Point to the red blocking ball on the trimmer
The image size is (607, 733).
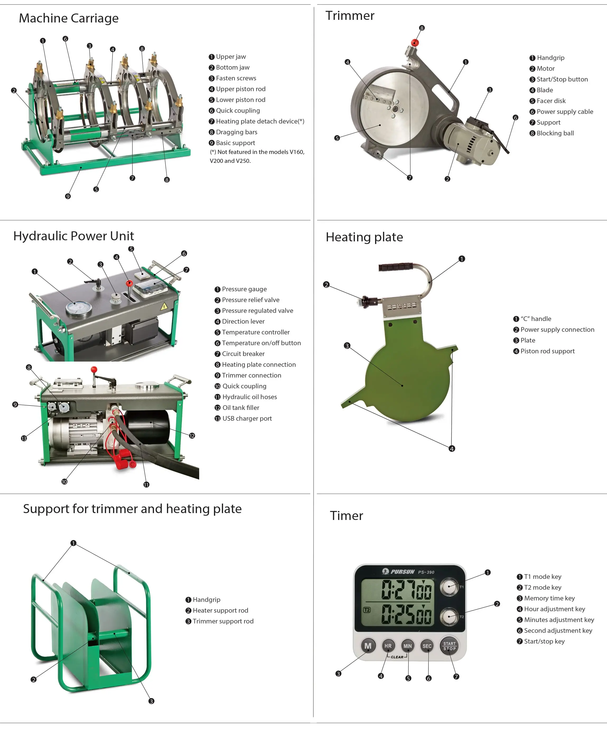(415, 43)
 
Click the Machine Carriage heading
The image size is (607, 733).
(69, 18)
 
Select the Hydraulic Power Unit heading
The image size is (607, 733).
(74, 236)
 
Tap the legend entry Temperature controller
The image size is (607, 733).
(256, 332)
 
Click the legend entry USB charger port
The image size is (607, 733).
(247, 418)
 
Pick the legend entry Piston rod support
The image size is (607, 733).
(547, 351)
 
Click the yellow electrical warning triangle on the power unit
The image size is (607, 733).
(164, 307)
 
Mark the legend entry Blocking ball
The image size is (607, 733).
(555, 133)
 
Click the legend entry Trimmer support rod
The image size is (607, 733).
(223, 621)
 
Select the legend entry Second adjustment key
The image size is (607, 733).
(558, 630)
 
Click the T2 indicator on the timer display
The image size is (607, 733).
(367, 610)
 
